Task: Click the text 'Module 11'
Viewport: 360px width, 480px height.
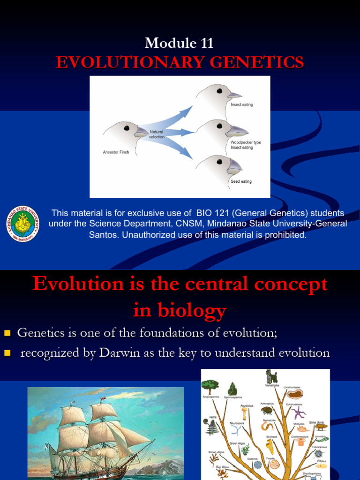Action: (x=180, y=43)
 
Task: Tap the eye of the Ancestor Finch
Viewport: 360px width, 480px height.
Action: (x=127, y=128)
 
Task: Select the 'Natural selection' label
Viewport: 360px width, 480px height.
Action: (x=157, y=134)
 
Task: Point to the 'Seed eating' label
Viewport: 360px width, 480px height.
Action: (x=241, y=181)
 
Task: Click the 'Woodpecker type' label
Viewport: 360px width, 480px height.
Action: (x=246, y=142)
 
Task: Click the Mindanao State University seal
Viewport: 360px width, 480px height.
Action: (x=22, y=224)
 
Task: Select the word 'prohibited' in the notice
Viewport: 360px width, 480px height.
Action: (x=284, y=235)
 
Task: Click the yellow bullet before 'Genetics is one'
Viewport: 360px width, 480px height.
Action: (x=7, y=333)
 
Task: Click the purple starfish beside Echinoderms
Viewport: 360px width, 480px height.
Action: (x=299, y=412)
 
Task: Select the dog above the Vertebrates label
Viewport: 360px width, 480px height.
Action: (x=271, y=376)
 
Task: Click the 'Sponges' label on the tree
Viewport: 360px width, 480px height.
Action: (x=272, y=436)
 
